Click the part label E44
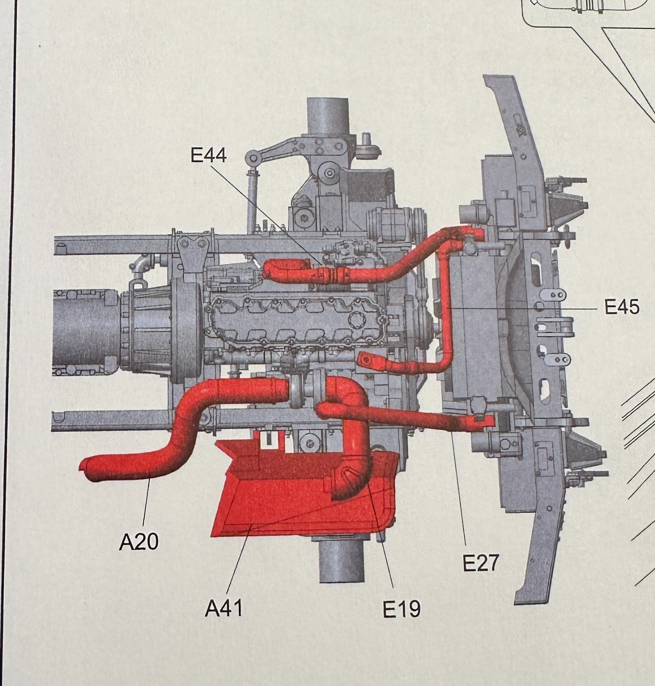[x=208, y=155]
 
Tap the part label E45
[x=622, y=307]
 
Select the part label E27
[x=481, y=563]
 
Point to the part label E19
[x=402, y=609]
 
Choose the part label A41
[x=224, y=608]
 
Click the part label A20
[x=138, y=542]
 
